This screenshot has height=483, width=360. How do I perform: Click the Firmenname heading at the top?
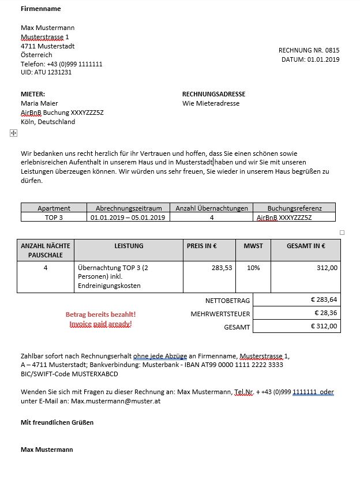coord(40,9)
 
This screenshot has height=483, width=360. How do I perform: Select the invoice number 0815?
coord(332,50)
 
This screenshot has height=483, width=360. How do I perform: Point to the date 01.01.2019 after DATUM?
coord(324,59)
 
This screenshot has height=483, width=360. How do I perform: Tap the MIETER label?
coord(33,94)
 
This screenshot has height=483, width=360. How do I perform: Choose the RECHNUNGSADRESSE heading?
coord(213,94)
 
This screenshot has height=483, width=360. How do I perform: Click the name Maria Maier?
coord(39,103)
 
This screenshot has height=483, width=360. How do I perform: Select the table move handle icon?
coord(14,133)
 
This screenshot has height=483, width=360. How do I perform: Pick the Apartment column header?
coord(54,208)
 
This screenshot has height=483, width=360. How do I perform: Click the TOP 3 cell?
coord(54,218)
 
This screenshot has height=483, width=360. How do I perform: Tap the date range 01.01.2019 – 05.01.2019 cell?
coord(129,218)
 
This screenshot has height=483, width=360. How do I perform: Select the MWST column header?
coord(253,246)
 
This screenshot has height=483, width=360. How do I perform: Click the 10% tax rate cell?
coord(253,268)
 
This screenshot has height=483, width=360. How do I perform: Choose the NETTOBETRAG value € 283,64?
coord(324,299)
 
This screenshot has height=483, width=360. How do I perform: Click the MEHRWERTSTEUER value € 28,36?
coord(326,313)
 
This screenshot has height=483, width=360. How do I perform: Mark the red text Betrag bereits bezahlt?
coord(100,314)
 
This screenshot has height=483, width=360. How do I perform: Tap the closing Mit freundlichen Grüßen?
coord(57,422)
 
